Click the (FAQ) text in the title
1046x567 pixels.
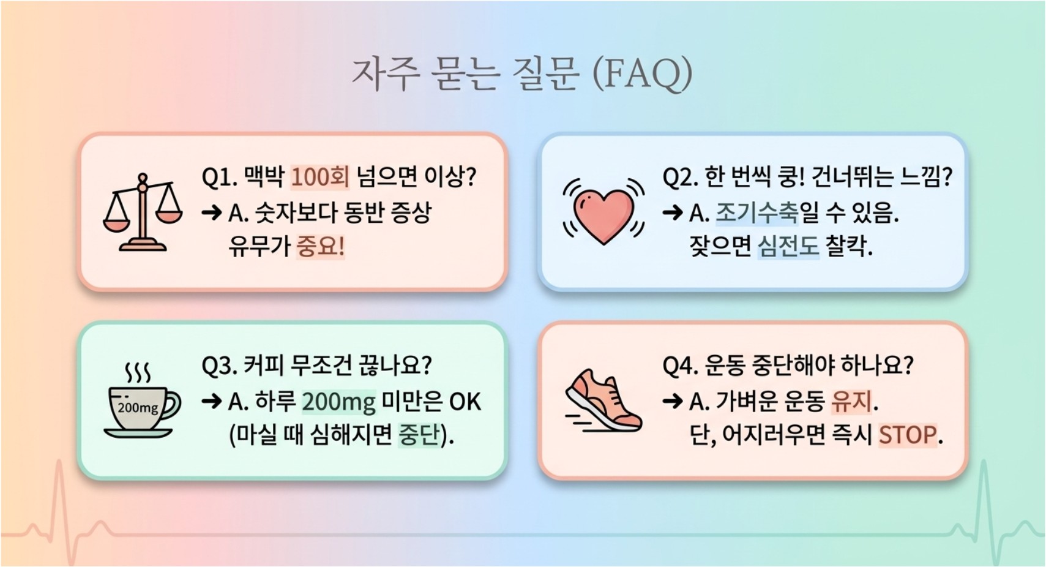643,74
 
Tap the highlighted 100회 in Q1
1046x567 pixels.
320,177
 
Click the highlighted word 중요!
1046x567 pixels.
321,246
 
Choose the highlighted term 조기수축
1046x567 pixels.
757,212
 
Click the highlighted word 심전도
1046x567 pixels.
788,246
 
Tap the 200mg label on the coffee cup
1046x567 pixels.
138,408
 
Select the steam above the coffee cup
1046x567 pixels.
138,373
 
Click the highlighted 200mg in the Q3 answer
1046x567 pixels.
339,402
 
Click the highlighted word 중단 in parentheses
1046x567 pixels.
419,435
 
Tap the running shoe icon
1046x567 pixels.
603,400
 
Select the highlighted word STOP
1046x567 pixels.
907,435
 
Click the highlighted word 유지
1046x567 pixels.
851,402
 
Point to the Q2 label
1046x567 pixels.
680,178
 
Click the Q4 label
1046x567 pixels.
680,366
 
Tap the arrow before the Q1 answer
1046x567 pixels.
212,213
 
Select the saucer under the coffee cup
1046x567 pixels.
138,433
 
